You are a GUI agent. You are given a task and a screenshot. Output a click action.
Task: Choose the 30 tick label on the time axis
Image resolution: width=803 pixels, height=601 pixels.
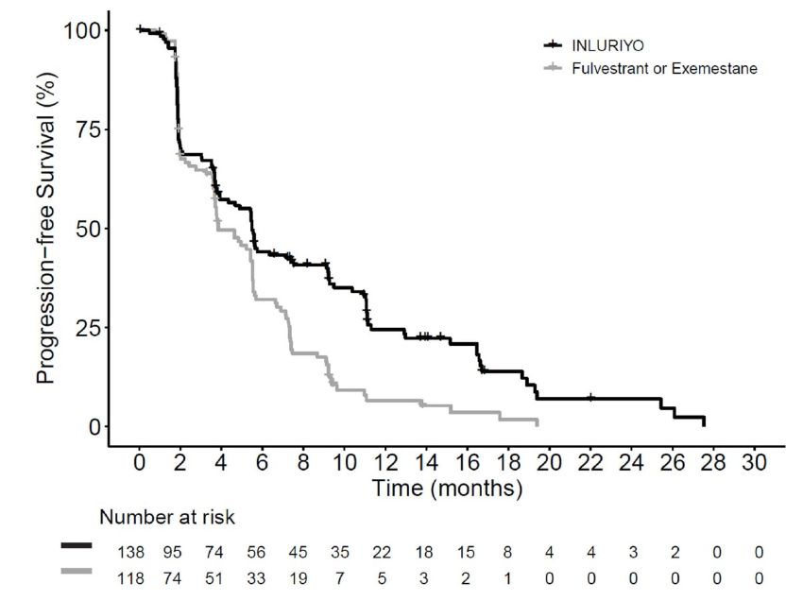[754, 466]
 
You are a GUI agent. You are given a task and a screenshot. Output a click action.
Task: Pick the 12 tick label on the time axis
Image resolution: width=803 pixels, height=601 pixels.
[385, 466]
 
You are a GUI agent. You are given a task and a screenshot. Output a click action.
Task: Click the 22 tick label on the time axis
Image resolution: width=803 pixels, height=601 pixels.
[590, 466]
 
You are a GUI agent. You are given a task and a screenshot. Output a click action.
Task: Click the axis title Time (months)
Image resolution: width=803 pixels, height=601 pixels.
[447, 489]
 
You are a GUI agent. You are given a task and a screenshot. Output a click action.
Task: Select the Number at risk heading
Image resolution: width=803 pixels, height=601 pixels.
[168, 518]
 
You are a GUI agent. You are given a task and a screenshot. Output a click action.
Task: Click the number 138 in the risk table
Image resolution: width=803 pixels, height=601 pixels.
[130, 552]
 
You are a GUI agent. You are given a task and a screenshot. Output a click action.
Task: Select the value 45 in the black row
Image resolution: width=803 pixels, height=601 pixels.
[298, 552]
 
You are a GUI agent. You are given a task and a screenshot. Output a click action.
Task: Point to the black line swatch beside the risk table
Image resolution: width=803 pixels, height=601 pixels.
[77, 546]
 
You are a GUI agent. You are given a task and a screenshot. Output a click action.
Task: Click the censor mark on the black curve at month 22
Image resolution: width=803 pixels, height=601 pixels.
[590, 398]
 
